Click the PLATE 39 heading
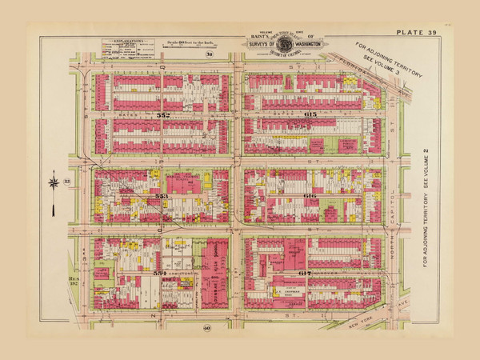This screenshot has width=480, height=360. coord(414,31)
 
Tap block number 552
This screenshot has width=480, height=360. coord(163,116)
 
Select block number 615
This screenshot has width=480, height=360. coord(310,116)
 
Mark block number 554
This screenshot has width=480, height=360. coord(161,274)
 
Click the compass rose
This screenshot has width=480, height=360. coord(54,182)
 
